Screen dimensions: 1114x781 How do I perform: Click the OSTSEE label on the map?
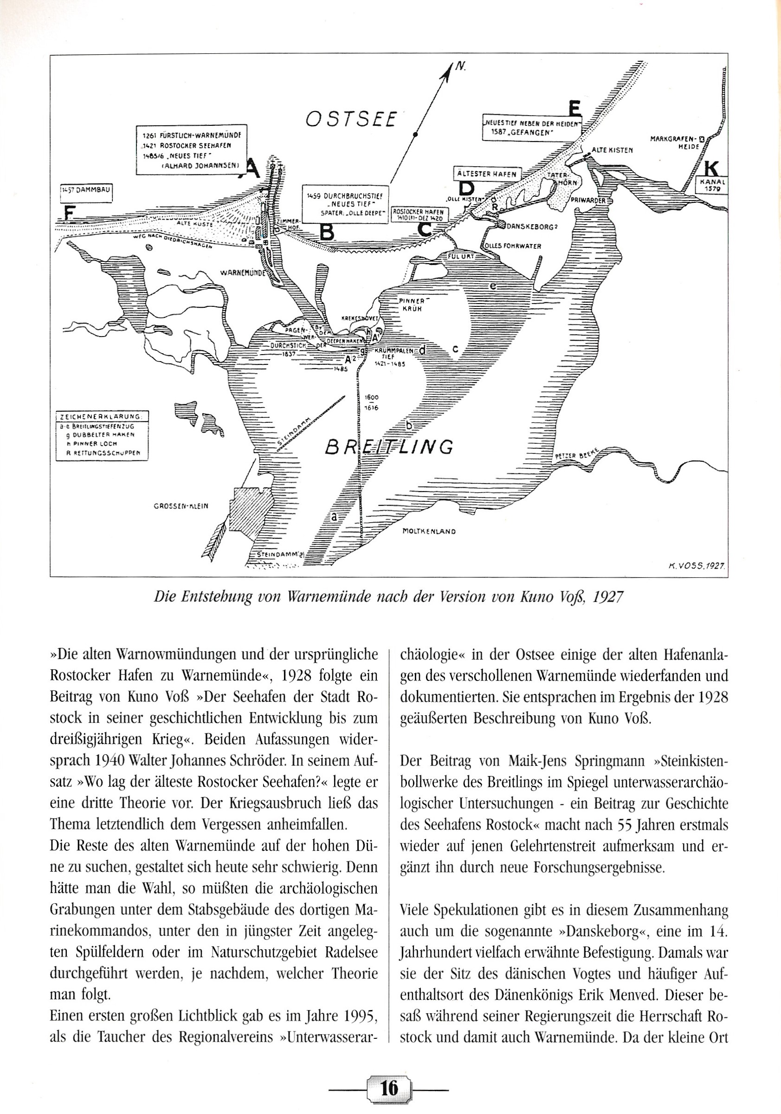tap(351, 119)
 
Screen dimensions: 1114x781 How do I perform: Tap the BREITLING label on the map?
tap(389, 447)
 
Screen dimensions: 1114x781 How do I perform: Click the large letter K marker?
tap(711, 168)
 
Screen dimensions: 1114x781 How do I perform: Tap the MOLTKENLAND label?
tap(429, 531)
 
